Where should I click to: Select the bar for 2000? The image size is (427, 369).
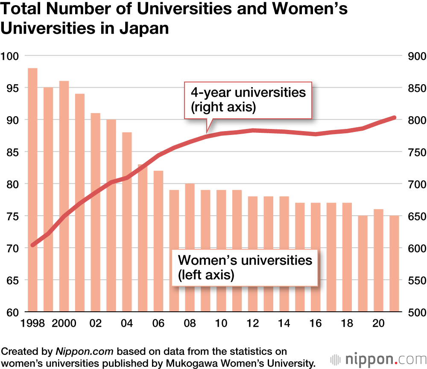tap(64, 196)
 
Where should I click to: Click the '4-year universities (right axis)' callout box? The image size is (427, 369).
tap(248, 100)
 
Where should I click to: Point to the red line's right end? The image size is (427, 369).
tap(394, 117)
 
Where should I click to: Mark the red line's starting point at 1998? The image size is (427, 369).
tap(33, 245)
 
